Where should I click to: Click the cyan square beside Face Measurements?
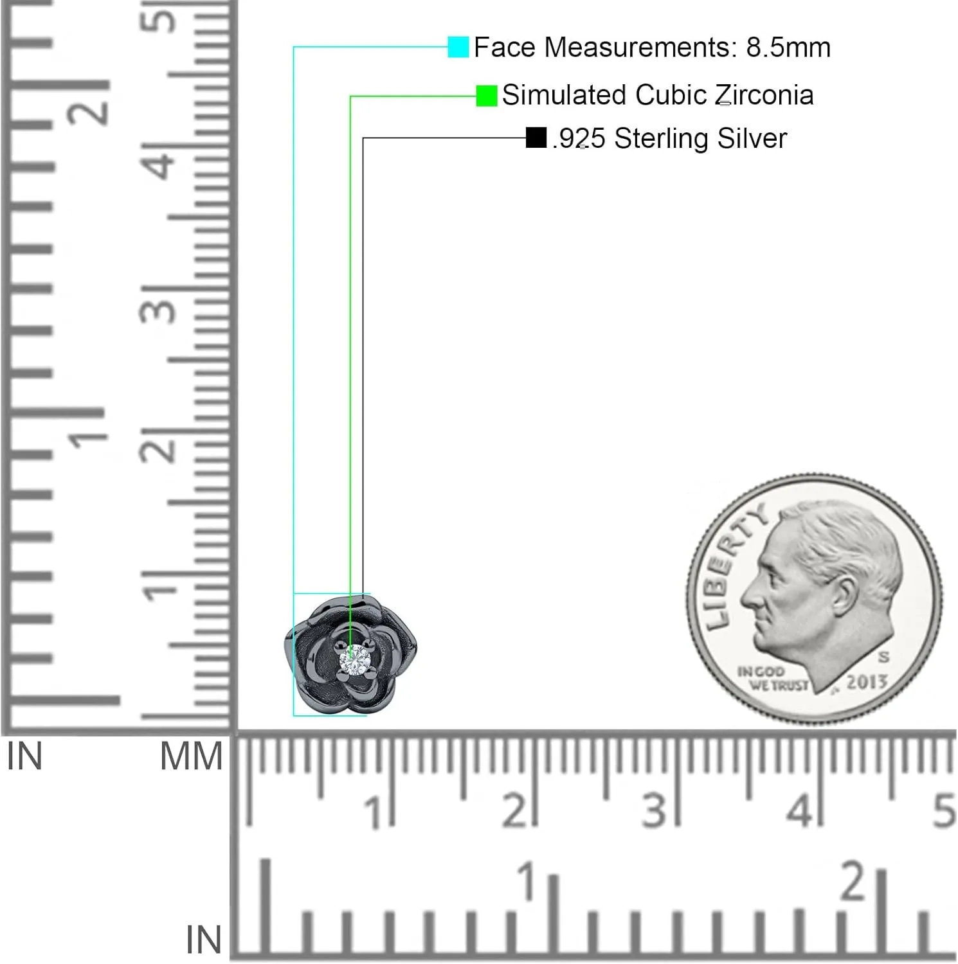pyautogui.click(x=458, y=47)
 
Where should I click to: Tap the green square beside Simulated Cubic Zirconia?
pyautogui.click(x=487, y=96)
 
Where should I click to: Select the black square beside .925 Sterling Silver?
pyautogui.click(x=536, y=138)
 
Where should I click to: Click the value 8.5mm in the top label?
pyautogui.click(x=788, y=48)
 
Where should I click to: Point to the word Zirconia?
pyautogui.click(x=765, y=95)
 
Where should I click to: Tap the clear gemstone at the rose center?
pyautogui.click(x=356, y=660)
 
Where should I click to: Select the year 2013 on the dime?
pyautogui.click(x=867, y=682)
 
